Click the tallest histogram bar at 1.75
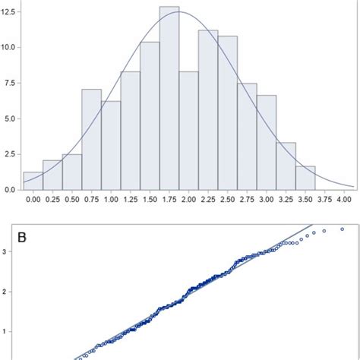point(169,99)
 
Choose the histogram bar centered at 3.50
point(305,178)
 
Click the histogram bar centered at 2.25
point(208,110)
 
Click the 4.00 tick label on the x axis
point(344,199)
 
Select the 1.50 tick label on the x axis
point(150,199)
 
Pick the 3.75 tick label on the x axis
point(324,199)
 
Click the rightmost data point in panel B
point(342,229)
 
